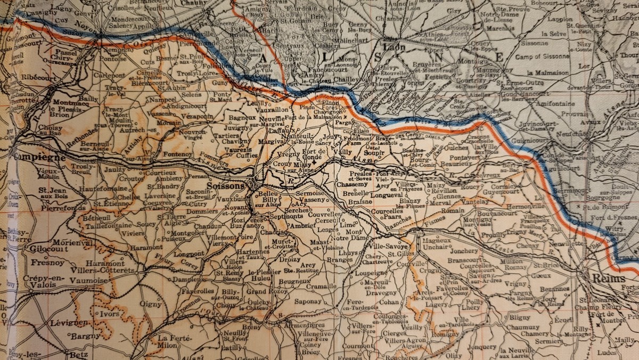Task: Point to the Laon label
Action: [x=394, y=47]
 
